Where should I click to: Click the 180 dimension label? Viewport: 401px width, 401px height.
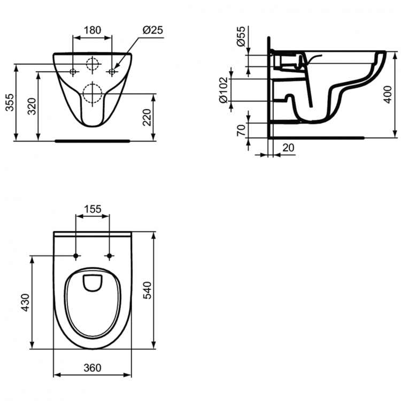tap(92, 30)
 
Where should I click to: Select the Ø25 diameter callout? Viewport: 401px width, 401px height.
tap(152, 30)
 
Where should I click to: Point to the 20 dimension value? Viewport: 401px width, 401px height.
tap(288, 148)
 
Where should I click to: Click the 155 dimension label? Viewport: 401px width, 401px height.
tap(93, 210)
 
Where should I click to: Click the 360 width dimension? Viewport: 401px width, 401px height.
tap(93, 368)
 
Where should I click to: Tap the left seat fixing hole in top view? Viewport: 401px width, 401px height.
tap(76, 256)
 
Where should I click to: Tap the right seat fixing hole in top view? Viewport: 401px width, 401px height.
tap(110, 256)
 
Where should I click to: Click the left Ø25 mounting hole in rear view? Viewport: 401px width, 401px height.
tap(73, 71)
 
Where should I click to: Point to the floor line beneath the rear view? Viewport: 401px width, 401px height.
tap(93, 142)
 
